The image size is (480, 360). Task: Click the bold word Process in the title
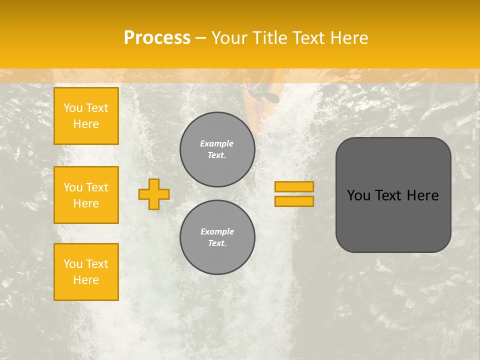(x=157, y=38)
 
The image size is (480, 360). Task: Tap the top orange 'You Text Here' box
(x=86, y=116)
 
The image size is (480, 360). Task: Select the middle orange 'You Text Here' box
(x=86, y=195)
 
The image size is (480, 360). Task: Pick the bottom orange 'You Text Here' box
(x=86, y=272)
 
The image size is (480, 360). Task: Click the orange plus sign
(x=154, y=194)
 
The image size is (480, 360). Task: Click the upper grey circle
(x=217, y=149)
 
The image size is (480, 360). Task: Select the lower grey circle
(x=217, y=237)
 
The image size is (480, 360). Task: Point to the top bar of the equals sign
(x=294, y=187)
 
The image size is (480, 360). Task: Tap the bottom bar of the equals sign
(x=294, y=201)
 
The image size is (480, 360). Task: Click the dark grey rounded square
(x=393, y=220)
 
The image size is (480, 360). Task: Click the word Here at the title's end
(x=348, y=38)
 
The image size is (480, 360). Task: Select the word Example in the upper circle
(x=217, y=143)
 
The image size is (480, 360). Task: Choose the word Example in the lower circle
(x=217, y=231)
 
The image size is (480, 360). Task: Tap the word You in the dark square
(x=358, y=195)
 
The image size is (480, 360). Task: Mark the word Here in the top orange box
(x=86, y=124)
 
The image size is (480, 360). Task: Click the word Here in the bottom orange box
(x=86, y=280)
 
